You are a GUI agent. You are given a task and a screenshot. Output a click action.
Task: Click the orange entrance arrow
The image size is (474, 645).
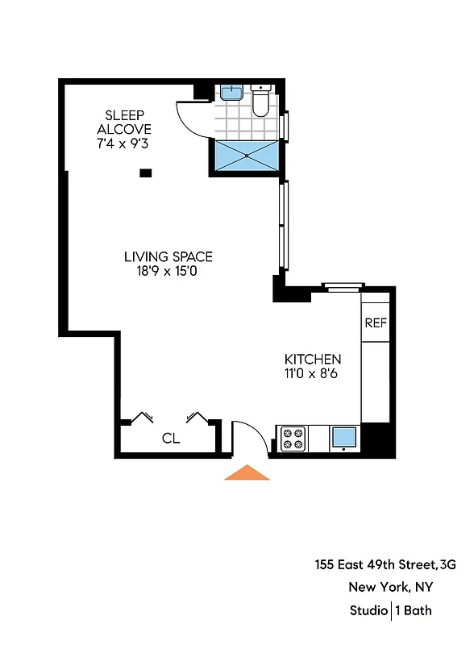[x=246, y=473]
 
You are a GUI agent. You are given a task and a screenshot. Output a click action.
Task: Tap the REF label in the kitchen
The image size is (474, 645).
[x=376, y=323]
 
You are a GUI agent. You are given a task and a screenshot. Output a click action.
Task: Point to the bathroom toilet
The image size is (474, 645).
[x=261, y=101]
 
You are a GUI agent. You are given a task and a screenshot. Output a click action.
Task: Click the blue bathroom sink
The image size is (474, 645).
[x=232, y=92]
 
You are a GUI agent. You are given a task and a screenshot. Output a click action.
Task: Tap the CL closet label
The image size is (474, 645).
[x=170, y=439]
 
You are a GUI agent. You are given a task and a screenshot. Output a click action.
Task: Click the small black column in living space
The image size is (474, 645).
[x=146, y=172]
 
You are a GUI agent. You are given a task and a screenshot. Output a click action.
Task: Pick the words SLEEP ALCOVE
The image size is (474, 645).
[x=124, y=123]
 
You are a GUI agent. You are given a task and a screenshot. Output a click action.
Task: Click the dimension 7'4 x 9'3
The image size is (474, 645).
[x=124, y=144]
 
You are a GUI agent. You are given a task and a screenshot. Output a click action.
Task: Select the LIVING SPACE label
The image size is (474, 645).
[x=168, y=257]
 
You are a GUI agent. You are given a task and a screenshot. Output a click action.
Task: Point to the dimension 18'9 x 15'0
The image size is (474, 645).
[x=168, y=272]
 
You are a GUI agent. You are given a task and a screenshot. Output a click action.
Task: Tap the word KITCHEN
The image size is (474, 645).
[x=313, y=359]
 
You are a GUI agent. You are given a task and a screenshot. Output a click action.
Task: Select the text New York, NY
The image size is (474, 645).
[x=390, y=588]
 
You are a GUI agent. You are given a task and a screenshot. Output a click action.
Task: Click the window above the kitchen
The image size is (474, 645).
[x=340, y=286]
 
